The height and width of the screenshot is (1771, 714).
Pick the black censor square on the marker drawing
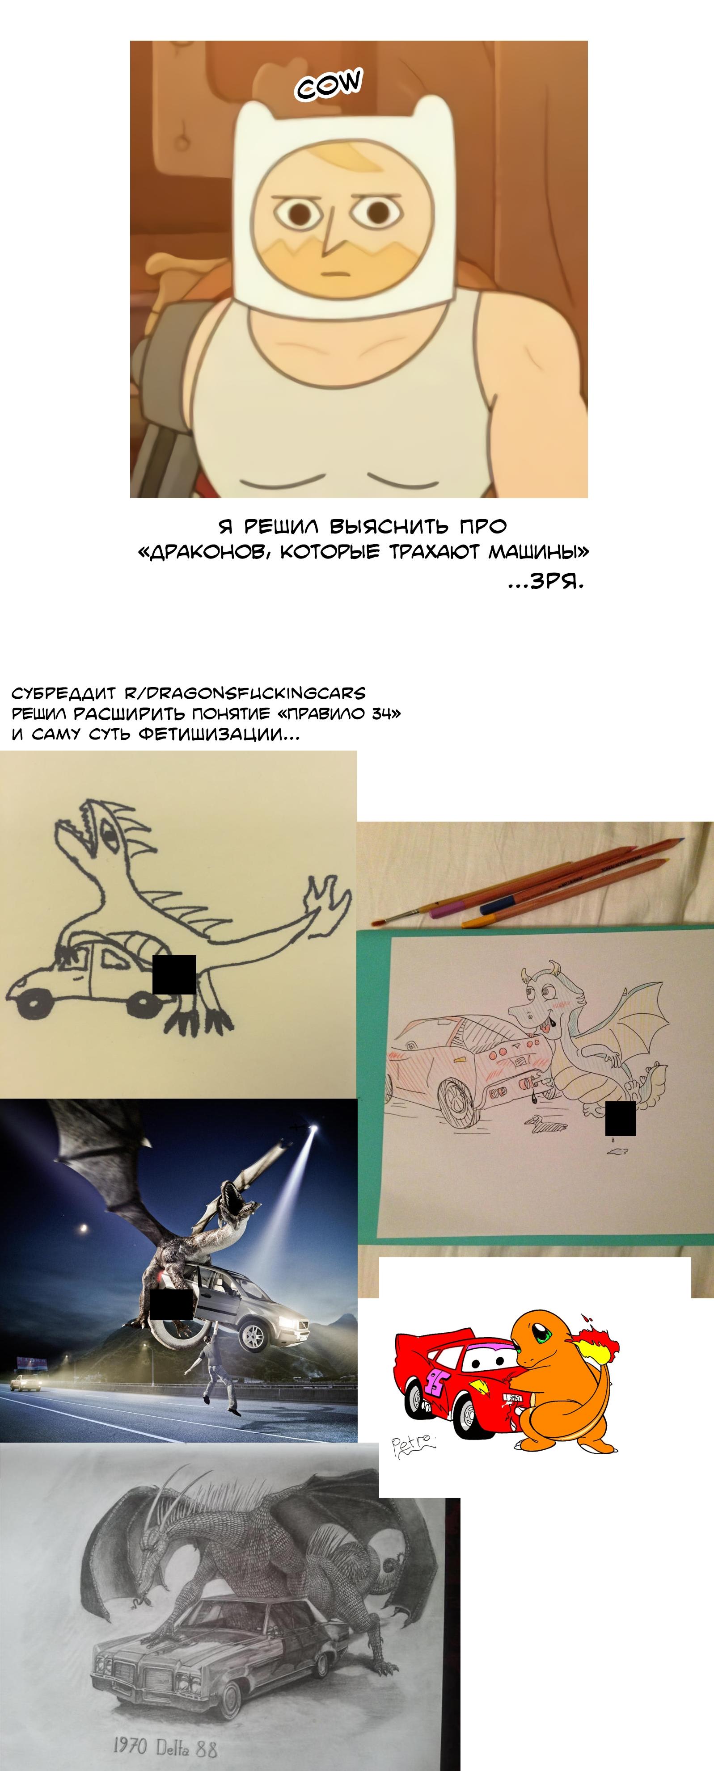174,974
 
